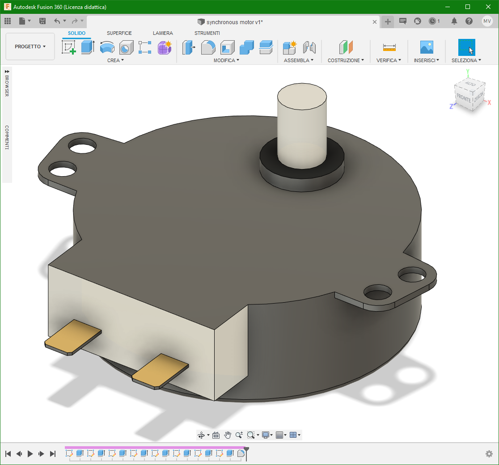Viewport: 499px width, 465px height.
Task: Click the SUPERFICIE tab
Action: click(x=119, y=33)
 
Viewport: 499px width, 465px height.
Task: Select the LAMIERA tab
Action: click(x=163, y=33)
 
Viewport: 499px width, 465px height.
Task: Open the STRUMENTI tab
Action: click(x=207, y=33)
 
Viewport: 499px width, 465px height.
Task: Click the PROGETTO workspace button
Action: click(x=30, y=46)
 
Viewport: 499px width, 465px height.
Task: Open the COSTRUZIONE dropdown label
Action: click(x=346, y=60)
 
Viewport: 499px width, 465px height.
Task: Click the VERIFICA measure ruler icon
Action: click(x=389, y=47)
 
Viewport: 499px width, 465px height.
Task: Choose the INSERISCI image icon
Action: click(x=427, y=47)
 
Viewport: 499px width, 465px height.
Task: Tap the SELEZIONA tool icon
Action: click(x=466, y=47)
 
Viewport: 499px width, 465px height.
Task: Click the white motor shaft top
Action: click(x=302, y=96)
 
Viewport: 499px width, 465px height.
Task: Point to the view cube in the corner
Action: click(x=469, y=95)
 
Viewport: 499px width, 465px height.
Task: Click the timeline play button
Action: click(x=30, y=454)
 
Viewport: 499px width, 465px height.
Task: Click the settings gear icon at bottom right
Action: click(x=489, y=454)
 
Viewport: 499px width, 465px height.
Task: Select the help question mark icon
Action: click(x=469, y=21)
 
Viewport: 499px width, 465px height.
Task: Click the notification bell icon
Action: click(x=454, y=21)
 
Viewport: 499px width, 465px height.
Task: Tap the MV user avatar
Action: click(x=487, y=21)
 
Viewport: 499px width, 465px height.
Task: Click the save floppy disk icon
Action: click(x=42, y=21)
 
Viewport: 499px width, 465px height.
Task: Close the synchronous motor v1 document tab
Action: click(x=375, y=22)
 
